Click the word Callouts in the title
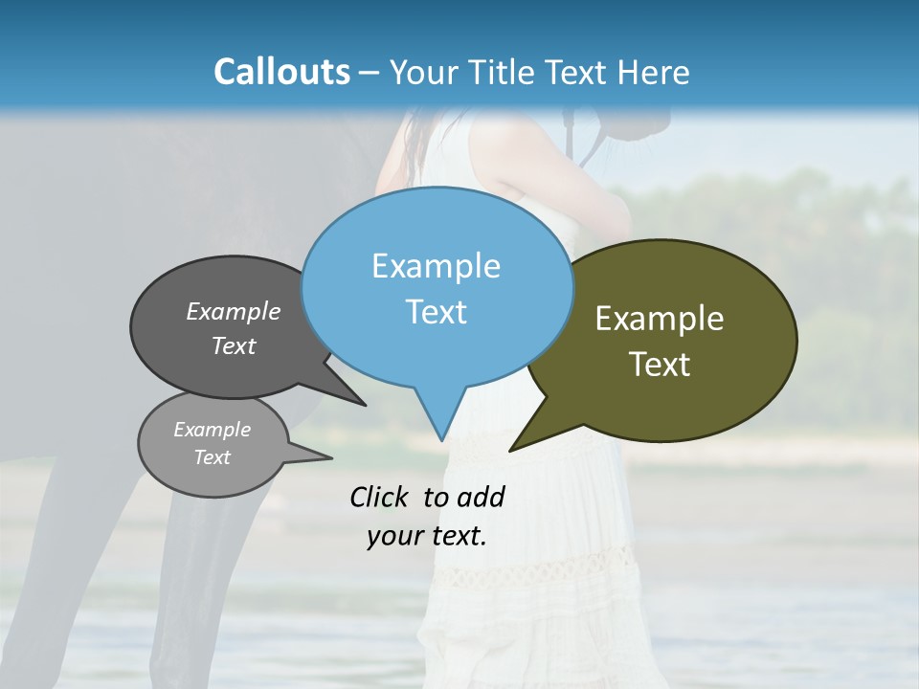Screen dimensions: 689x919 [x=281, y=72]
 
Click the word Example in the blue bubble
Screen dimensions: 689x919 [x=436, y=266]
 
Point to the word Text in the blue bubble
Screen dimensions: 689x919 [x=436, y=312]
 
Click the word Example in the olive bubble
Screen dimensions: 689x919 [x=660, y=319]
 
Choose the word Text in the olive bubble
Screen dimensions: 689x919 [x=660, y=365]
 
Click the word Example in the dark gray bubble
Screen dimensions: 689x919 [x=234, y=311]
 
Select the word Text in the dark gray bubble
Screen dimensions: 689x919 [x=234, y=345]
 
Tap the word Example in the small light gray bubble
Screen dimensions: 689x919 [x=213, y=430]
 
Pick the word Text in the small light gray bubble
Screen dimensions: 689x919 [x=213, y=457]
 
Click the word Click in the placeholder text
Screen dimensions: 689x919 [x=379, y=497]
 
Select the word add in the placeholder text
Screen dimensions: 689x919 [x=481, y=497]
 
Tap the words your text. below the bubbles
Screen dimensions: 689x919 [x=427, y=536]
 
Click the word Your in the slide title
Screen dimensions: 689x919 [x=424, y=72]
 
